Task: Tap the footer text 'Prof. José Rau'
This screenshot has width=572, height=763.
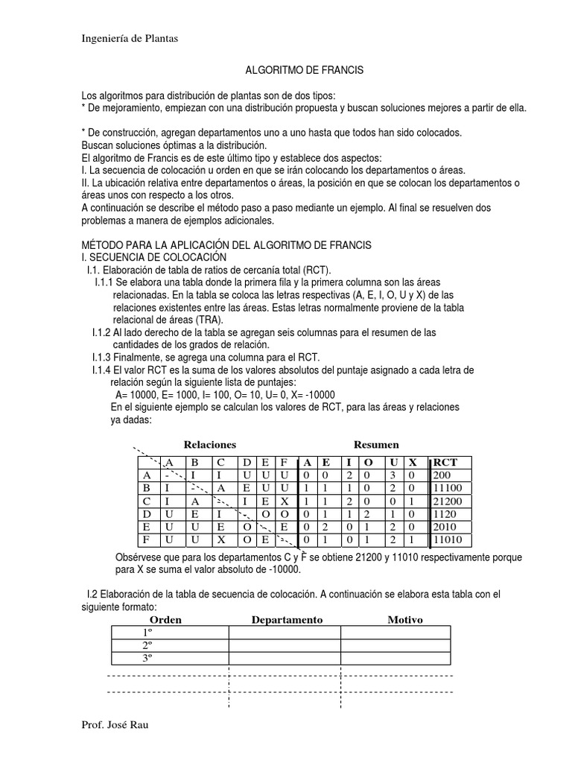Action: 115,725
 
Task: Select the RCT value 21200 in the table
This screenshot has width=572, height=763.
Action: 448,501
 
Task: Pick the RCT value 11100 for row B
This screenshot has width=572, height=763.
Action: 448,487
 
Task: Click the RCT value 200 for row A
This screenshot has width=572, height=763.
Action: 442,475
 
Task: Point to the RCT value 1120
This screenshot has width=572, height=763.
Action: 445,513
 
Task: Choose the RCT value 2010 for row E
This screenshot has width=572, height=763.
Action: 445,526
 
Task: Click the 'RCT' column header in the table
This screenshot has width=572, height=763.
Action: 445,462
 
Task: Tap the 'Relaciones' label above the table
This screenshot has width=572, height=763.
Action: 210,444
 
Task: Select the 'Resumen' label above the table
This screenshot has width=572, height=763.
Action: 376,444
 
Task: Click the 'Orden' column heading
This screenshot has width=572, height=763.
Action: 165,620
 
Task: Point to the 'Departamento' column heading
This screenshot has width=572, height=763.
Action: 287,620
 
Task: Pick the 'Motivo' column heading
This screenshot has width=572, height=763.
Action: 405,620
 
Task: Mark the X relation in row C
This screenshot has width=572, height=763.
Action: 285,501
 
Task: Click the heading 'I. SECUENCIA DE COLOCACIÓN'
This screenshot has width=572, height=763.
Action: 153,257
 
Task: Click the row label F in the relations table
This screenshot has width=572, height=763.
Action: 147,539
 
